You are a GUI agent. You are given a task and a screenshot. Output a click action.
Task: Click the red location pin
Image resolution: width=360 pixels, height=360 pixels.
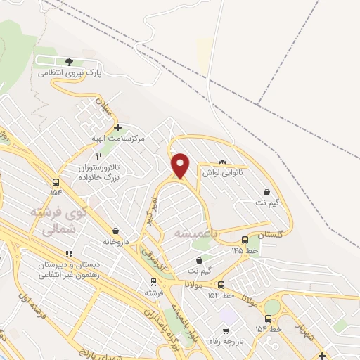[181, 165]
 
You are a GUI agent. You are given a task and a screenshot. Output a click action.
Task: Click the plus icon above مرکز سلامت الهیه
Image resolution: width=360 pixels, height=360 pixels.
[117, 128]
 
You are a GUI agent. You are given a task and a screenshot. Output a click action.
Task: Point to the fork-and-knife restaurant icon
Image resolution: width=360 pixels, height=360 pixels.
[99, 156]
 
